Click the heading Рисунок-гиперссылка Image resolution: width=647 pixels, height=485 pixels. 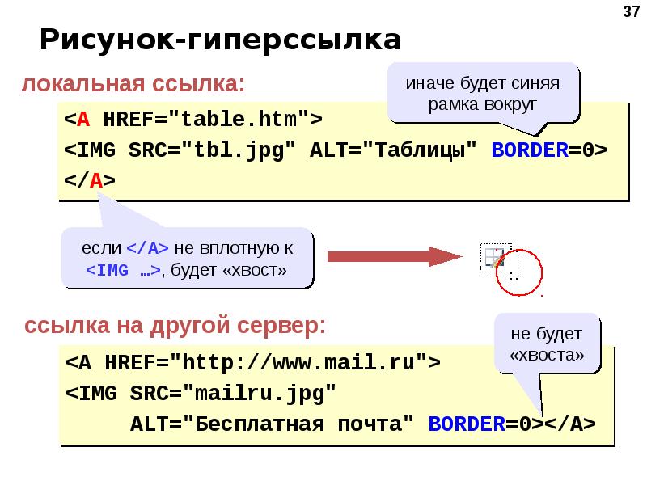[x=221, y=40]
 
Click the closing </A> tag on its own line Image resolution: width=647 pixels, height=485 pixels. [x=90, y=181]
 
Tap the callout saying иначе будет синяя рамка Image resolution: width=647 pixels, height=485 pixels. [x=483, y=94]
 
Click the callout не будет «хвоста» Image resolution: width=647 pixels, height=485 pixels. [x=546, y=344]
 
